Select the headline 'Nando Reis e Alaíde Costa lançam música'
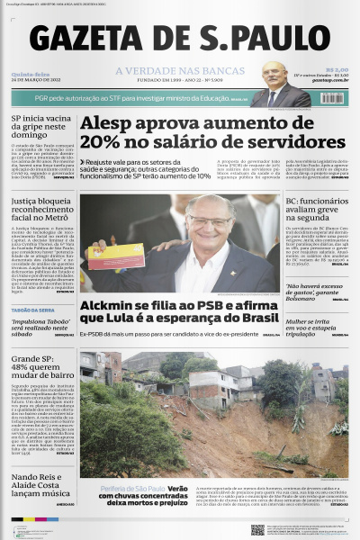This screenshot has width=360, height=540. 40,482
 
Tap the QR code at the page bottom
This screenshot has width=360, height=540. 257,529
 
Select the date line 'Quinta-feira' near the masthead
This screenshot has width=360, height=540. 31,74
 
